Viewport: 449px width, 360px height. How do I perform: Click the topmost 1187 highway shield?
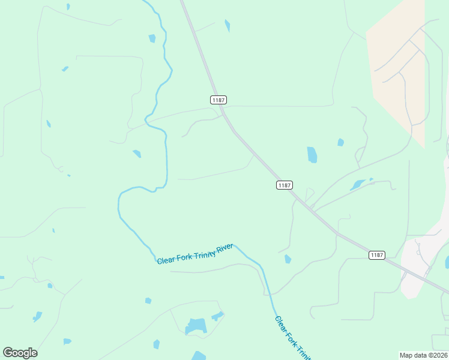click(218, 100)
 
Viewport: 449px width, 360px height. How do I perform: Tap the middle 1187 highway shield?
click(285, 185)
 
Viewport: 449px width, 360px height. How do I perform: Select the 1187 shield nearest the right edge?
click(376, 255)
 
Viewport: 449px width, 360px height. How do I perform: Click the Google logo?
click(20, 353)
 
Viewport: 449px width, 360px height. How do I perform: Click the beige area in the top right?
click(396, 66)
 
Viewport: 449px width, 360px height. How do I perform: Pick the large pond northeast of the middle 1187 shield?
click(312, 155)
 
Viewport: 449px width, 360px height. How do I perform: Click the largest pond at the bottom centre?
click(196, 326)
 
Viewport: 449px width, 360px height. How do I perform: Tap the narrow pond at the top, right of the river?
click(228, 25)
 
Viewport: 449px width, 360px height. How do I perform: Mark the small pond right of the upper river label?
click(288, 259)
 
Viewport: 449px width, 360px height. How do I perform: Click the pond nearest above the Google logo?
click(37, 316)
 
